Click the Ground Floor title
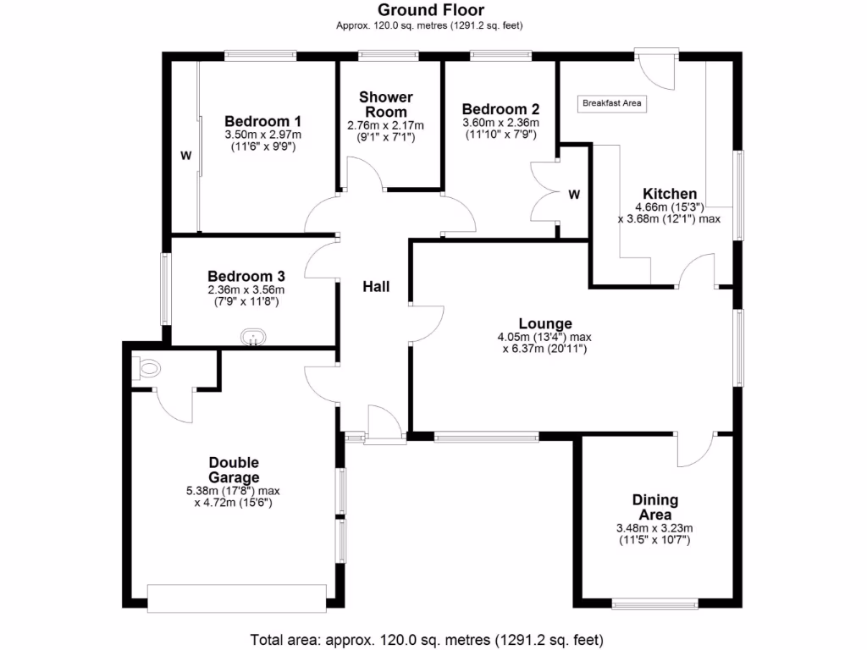coord(431,10)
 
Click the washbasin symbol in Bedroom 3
coord(253,338)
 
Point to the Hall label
coord(376,287)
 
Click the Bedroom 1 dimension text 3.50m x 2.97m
coord(263,135)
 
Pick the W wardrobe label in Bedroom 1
coord(185,156)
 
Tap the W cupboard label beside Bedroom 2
coord(574,195)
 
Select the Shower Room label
coord(385,104)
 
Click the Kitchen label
coord(669,194)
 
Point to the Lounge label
coord(545,323)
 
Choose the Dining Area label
coord(654,508)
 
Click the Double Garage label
coord(234,470)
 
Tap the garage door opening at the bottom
coord(236,598)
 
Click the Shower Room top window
coord(388,56)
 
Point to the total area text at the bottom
coord(427,639)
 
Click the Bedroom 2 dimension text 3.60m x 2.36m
coord(500,123)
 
